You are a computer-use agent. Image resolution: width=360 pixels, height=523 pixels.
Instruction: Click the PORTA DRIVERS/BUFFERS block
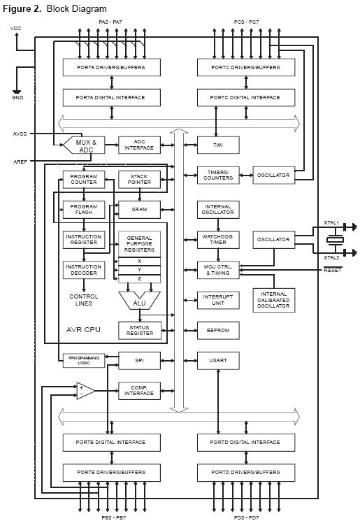[112, 67]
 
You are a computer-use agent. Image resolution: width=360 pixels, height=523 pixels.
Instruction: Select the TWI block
[218, 145]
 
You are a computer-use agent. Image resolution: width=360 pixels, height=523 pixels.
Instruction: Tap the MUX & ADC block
[84, 145]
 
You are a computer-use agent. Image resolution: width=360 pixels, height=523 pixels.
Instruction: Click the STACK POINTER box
[139, 180]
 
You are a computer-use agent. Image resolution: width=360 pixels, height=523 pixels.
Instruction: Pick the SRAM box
[139, 210]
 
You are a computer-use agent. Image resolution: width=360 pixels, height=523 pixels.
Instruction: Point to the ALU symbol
[139, 301]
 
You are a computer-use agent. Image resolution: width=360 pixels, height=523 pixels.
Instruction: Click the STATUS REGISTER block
[140, 331]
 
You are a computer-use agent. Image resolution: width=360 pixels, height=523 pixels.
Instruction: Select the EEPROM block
[218, 331]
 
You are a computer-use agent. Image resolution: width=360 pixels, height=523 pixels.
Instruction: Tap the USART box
[218, 361]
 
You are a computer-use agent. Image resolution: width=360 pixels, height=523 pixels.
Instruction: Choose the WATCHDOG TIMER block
[218, 240]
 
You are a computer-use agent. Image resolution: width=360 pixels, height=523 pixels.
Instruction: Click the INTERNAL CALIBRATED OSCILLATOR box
[273, 300]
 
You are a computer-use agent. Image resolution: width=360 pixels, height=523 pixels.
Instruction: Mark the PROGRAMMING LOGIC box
[84, 361]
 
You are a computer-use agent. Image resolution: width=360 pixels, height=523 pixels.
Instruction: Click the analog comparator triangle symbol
[85, 391]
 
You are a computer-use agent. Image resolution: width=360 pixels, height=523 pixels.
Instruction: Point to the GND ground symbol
[17, 92]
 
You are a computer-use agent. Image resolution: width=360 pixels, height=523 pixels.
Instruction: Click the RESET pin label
[332, 270]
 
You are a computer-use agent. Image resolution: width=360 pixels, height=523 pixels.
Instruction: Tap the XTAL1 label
[331, 222]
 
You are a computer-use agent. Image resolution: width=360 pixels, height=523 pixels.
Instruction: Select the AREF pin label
[20, 162]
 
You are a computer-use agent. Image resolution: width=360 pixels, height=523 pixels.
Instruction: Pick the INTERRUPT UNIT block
[218, 300]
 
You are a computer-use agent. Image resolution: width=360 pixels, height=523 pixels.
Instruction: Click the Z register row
[139, 279]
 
